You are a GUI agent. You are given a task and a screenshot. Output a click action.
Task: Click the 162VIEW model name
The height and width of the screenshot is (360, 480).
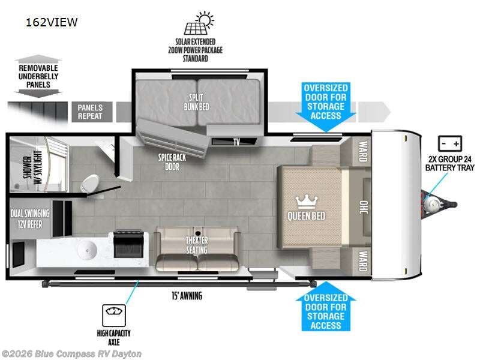pos(52,23)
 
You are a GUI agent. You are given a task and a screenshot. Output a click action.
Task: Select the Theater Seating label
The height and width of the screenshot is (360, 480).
pos(196,245)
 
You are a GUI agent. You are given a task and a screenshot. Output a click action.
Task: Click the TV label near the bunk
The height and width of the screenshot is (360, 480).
pos(236,143)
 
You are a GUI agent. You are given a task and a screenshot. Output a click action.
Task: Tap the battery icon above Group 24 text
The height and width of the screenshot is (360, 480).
pos(449,144)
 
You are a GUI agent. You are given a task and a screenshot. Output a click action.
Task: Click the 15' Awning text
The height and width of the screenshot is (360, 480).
pos(185,296)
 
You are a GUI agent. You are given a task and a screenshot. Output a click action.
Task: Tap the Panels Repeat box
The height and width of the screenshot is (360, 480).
pos(91,112)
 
